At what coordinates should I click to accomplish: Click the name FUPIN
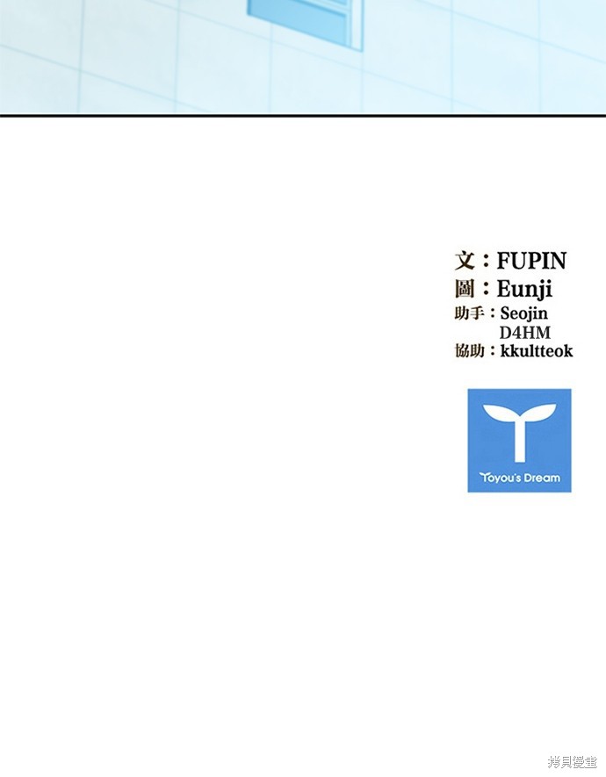pos(531,261)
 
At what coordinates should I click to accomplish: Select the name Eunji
pos(524,289)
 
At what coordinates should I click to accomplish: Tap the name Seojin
pos(523,313)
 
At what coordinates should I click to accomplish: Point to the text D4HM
pos(524,332)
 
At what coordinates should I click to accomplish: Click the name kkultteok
pos(536,351)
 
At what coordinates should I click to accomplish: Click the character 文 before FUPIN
pos(465,261)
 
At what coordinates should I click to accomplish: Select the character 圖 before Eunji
pos(465,289)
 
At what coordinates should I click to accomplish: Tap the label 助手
pos(469,313)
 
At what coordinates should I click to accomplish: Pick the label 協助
pos(469,351)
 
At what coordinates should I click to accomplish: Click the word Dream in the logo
pos(542,478)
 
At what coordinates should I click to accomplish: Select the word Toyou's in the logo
pos(500,478)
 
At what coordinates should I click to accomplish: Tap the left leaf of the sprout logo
pos(499,413)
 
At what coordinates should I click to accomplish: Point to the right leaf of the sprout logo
pos(539,413)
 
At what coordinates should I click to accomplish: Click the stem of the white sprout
pos(519,441)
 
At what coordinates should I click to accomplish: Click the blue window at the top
pos(306,21)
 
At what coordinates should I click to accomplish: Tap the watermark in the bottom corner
pos(572,762)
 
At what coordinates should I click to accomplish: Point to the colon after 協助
pos(492,351)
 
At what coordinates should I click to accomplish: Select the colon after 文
pos(486,261)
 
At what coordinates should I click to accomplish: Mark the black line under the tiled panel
pos(303,116)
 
